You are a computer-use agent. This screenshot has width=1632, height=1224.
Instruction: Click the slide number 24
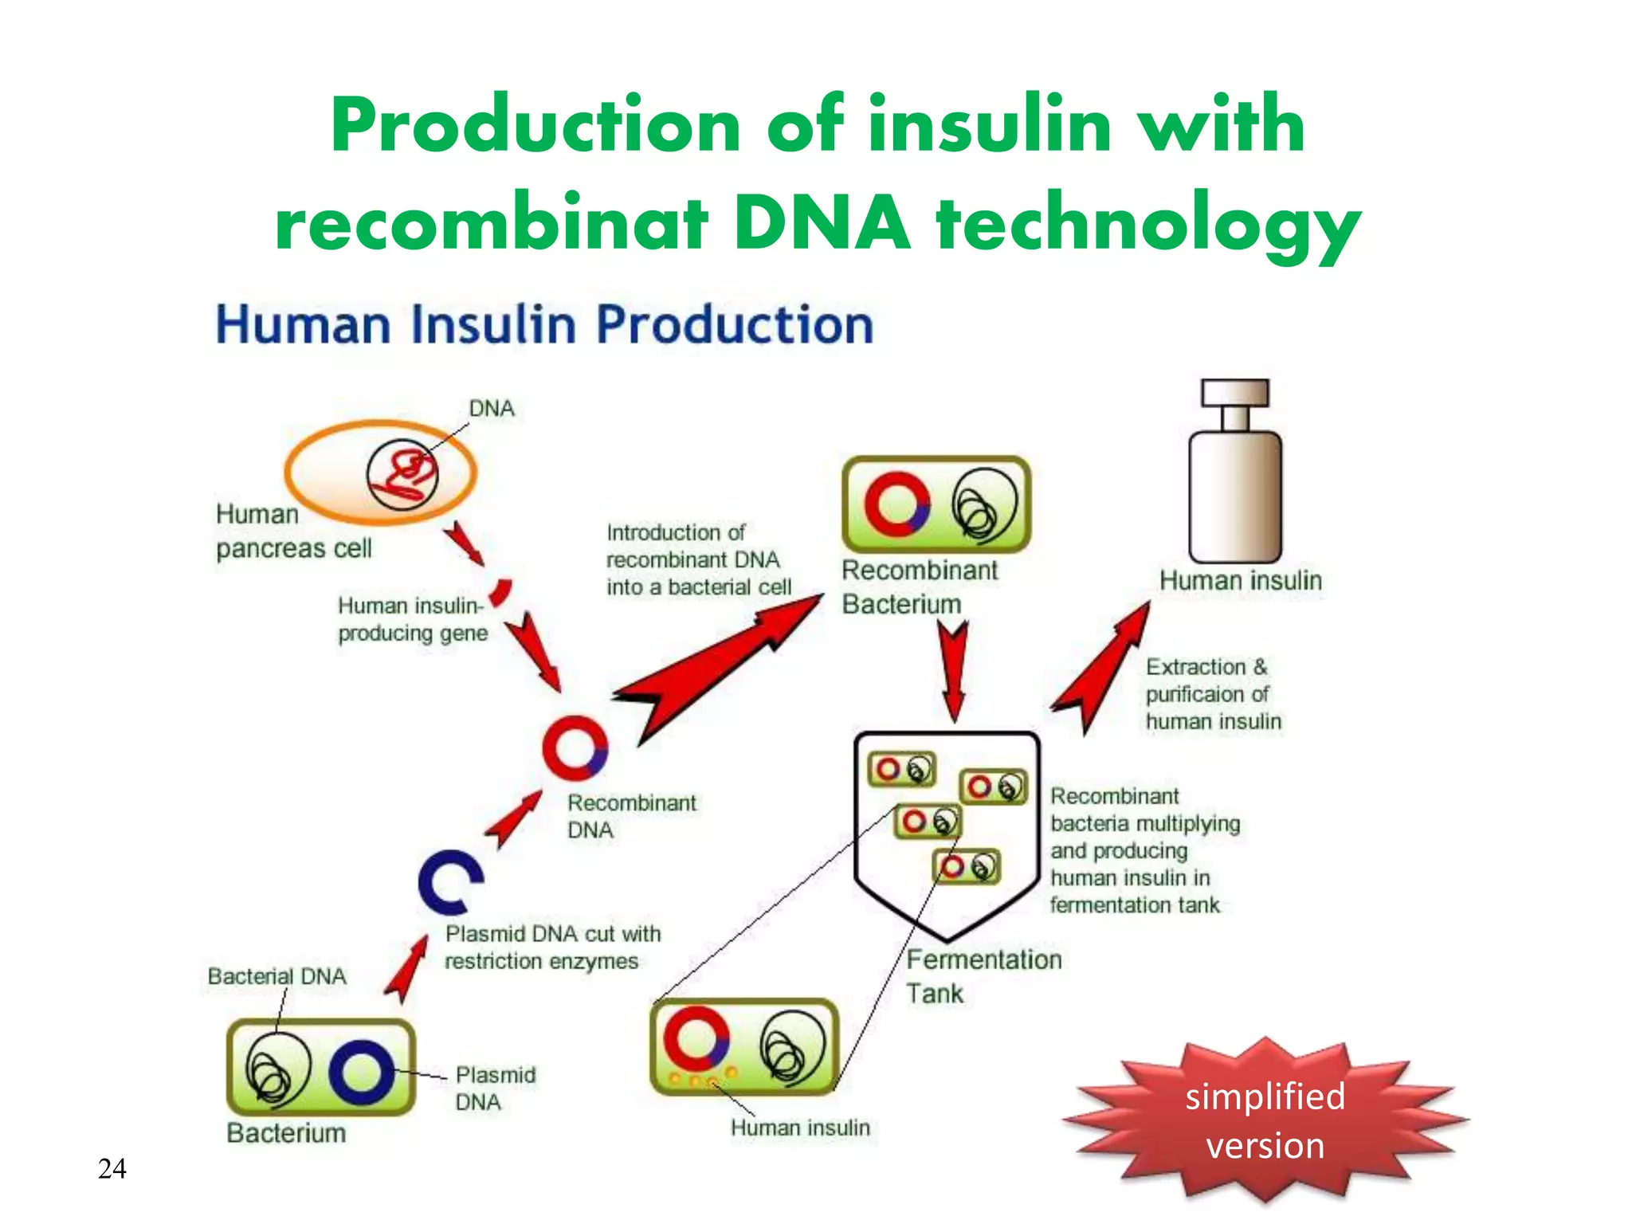pos(112,1169)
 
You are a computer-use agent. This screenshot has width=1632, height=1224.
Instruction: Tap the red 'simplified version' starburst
pos(1265,1120)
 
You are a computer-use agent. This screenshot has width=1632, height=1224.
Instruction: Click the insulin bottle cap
pos(1235,392)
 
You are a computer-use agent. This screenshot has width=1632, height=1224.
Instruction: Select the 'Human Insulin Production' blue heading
pos(545,325)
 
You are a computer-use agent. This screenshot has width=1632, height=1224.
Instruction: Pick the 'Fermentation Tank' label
pos(983,976)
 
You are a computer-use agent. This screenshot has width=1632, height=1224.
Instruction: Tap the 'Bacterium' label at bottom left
pos(286,1132)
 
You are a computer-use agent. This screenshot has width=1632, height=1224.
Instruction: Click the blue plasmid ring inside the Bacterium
pos(362,1072)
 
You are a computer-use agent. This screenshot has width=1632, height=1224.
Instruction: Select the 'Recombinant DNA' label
pos(631,816)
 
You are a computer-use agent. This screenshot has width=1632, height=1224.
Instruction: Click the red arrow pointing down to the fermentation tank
pos(953,669)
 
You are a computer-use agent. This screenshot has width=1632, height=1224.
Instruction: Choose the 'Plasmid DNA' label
pos(495,1089)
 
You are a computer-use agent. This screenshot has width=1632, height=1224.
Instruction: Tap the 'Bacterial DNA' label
pos(277,976)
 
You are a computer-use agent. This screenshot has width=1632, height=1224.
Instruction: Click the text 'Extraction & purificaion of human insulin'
pos(1213,694)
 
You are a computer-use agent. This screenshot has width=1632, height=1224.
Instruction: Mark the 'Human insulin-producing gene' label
pos(411,619)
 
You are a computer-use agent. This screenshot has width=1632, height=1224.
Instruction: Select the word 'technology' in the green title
pos(1147,224)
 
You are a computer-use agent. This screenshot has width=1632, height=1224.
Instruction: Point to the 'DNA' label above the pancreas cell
pos(492,409)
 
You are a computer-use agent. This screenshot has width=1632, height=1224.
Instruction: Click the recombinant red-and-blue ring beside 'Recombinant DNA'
pos(575,747)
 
